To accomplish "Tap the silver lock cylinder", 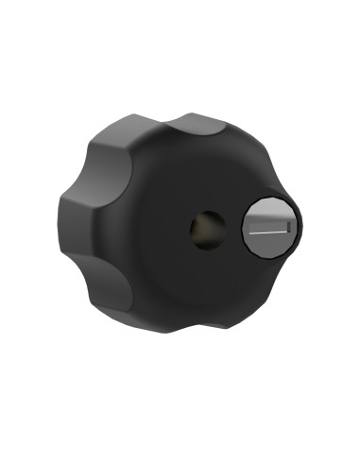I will (268, 227).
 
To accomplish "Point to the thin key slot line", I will (268, 230).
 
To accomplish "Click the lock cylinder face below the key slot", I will (268, 243).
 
